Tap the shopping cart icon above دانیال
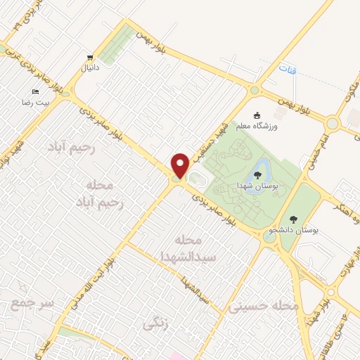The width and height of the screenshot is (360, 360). (89, 58)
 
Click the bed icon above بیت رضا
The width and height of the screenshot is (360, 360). (35, 92)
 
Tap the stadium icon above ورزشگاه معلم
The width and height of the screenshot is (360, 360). (257, 115)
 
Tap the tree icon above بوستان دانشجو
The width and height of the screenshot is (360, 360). (293, 218)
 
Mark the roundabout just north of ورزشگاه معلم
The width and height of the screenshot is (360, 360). (255, 90)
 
